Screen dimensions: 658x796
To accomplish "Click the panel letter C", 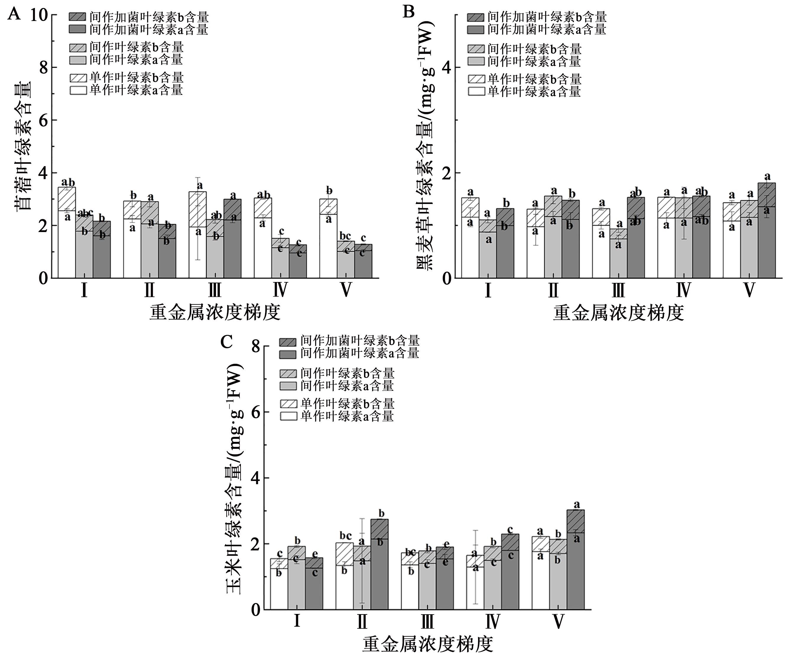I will click(x=226, y=342).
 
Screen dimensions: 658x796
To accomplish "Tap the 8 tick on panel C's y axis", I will click(x=255, y=346).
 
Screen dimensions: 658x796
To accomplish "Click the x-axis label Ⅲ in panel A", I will click(x=215, y=291).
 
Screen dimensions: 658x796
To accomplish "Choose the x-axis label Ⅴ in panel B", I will click(x=749, y=291).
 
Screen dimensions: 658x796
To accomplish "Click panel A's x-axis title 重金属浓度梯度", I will click(x=215, y=313).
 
